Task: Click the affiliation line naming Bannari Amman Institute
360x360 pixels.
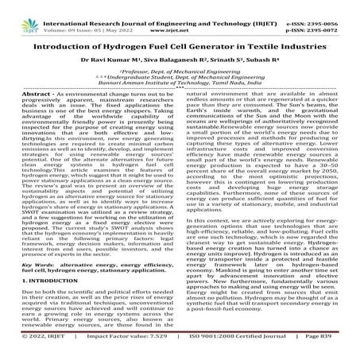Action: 180,86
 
